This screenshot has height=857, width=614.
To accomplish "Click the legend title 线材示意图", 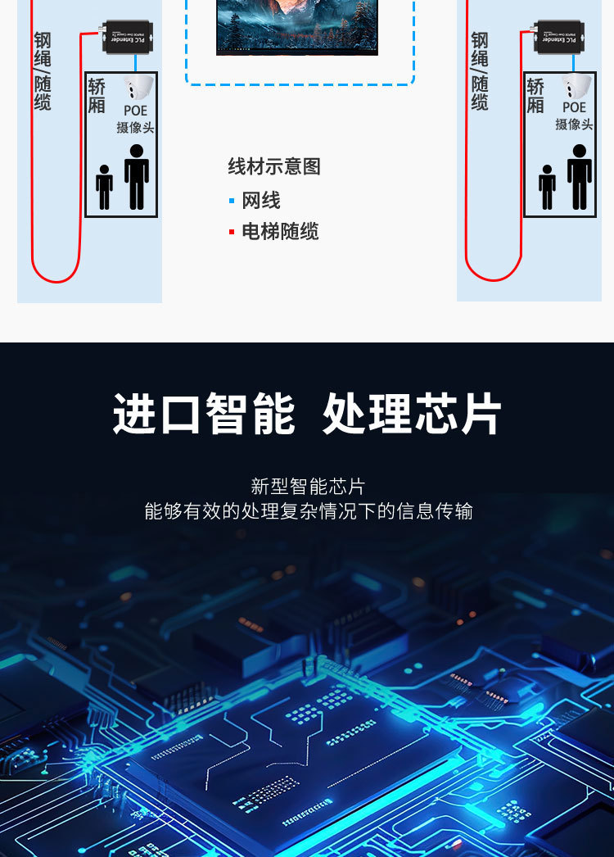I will tap(273, 167).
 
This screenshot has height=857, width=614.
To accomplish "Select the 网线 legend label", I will tap(261, 201).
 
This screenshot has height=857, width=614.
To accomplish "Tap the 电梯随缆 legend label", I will tap(280, 232).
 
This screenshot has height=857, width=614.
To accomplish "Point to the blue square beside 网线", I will tap(232, 201).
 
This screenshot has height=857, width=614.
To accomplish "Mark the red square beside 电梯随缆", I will tap(232, 233).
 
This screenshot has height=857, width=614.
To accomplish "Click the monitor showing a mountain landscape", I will tap(296, 26).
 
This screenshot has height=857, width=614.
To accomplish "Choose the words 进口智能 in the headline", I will tap(204, 415).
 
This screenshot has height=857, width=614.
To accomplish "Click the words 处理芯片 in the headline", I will tap(412, 415).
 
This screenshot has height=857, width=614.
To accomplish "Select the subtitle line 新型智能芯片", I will tap(307, 487).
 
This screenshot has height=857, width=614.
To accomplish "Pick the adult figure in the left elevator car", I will tap(137, 176).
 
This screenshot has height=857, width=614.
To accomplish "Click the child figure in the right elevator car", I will tap(547, 187).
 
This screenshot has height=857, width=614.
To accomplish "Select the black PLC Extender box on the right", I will tap(558, 37).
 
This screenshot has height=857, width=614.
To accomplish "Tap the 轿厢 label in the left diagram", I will tap(97, 96).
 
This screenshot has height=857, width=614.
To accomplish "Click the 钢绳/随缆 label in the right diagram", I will tap(480, 71).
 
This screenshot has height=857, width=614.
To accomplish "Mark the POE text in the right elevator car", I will tap(574, 107).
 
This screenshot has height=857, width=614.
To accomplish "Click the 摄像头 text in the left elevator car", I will tap(135, 127).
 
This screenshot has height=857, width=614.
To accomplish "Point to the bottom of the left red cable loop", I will tap(56, 281).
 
